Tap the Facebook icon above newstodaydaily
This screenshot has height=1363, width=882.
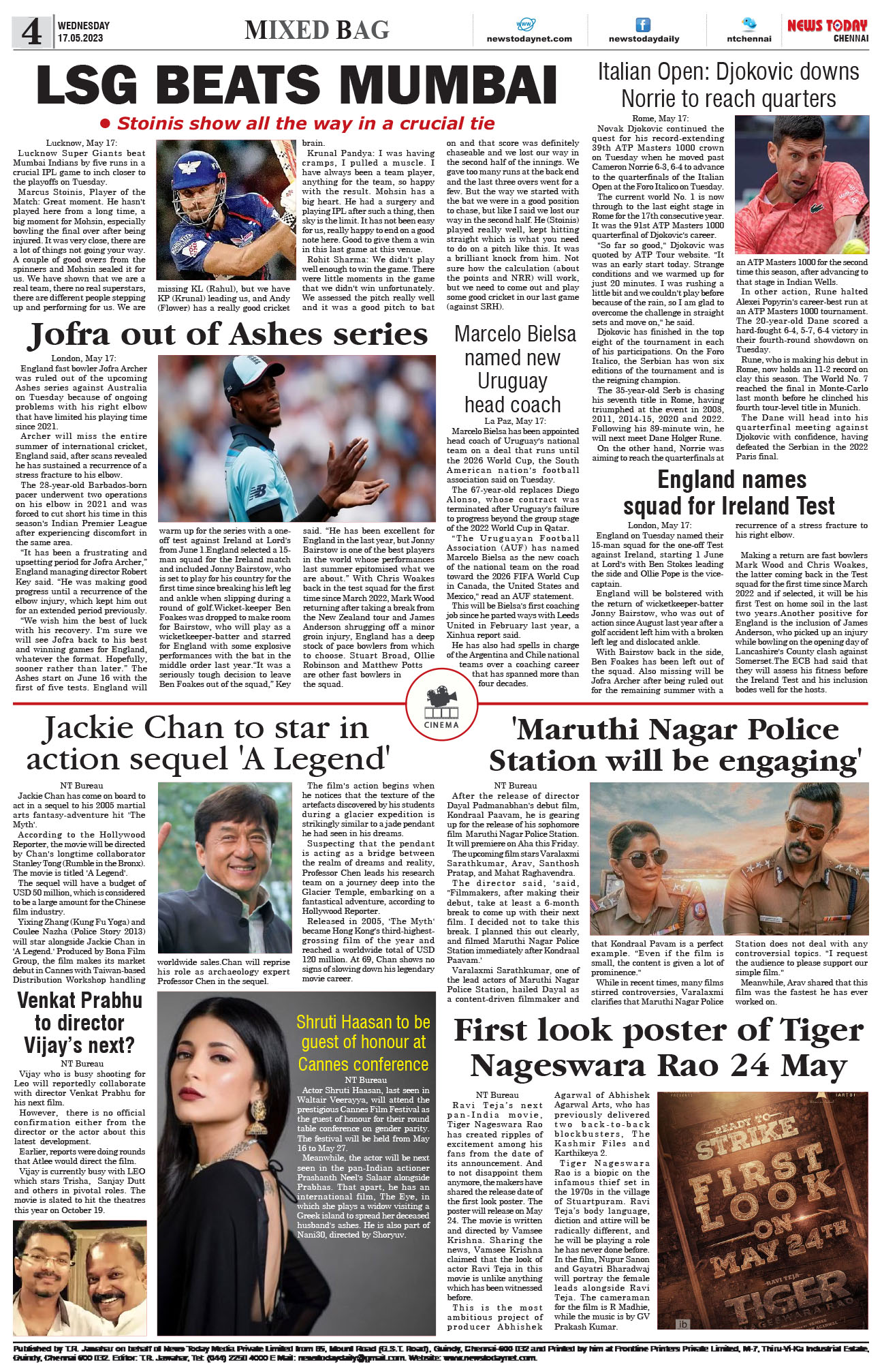click(x=643, y=25)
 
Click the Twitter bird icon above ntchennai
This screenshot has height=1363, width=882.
click(x=749, y=24)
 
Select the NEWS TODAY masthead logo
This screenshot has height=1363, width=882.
click(x=827, y=29)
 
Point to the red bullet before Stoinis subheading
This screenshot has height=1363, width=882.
click(x=105, y=124)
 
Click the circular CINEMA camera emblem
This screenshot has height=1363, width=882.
click(x=441, y=705)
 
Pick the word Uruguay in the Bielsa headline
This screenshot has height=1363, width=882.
click(x=512, y=380)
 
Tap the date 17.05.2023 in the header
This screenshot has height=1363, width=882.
click(x=80, y=38)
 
